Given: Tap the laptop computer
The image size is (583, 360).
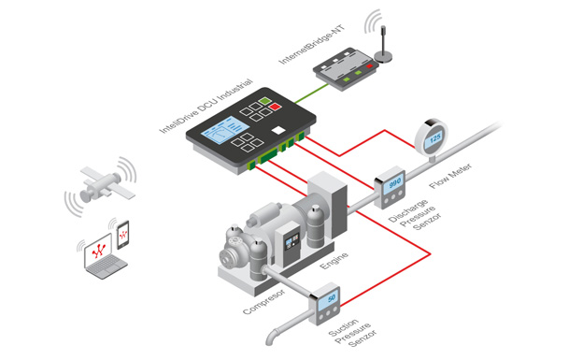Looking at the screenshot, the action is point(104,257).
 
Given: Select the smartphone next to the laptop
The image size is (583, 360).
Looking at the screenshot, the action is point(123,235).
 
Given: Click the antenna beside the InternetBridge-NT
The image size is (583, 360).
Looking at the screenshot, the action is point(383,44).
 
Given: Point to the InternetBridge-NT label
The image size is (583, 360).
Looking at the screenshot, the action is point(312,44).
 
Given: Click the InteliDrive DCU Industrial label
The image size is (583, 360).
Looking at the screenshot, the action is point(206,106).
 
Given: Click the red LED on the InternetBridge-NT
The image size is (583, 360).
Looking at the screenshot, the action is point(369,66).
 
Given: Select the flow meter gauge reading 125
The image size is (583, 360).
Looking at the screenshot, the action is point(432,138).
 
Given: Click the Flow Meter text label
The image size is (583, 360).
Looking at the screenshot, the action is point(450,176).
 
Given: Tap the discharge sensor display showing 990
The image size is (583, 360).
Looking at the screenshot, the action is point(394,182).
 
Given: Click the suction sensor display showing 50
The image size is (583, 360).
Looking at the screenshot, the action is point(329,299).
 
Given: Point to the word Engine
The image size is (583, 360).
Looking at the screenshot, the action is point(334,261).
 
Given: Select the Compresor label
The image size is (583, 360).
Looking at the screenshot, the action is point(264,301).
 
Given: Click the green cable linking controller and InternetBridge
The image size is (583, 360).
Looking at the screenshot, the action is point(312,94).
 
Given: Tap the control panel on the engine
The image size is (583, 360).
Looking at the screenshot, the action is point(291,243).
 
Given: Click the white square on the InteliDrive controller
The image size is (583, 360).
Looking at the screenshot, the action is point(278,130).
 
